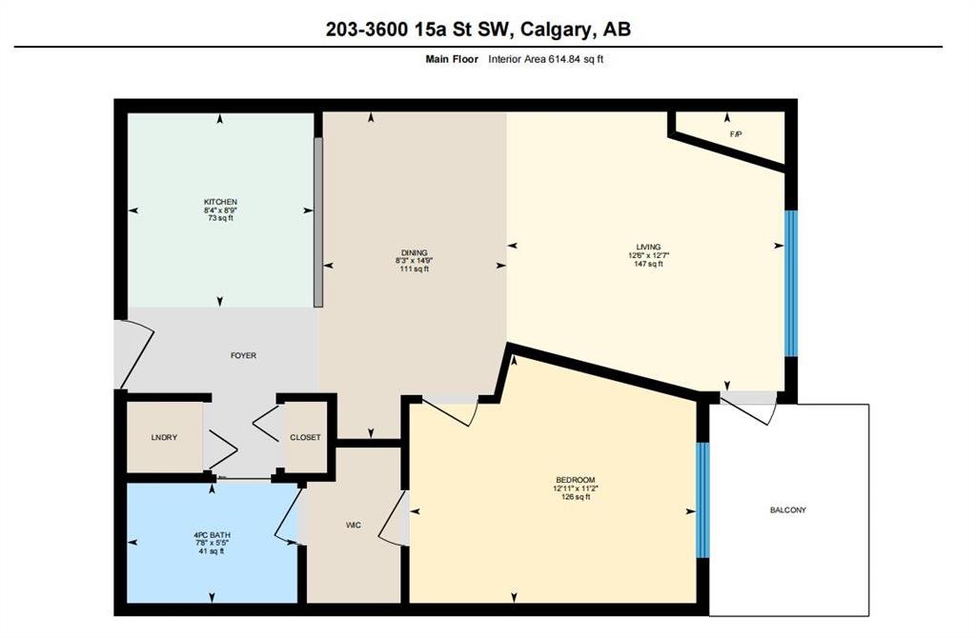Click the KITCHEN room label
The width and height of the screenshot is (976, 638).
(x=220, y=202)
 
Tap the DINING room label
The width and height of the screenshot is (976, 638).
(x=414, y=252)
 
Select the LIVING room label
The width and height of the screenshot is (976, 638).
(x=648, y=247)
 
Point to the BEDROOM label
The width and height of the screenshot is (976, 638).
(x=575, y=480)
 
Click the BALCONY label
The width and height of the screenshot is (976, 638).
(x=788, y=509)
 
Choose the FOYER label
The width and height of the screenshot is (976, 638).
(x=243, y=356)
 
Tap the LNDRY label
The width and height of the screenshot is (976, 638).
(x=164, y=438)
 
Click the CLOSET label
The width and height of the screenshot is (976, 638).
(x=305, y=438)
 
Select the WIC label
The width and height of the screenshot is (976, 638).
(x=354, y=526)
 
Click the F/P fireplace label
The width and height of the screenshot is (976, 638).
(x=736, y=134)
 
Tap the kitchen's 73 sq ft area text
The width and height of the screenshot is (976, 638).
(x=220, y=218)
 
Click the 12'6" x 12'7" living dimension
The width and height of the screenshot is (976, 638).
(x=648, y=255)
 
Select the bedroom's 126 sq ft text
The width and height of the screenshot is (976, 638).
(x=575, y=497)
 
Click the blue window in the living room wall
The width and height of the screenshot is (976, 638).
(x=790, y=283)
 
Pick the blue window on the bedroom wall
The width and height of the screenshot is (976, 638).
(x=702, y=500)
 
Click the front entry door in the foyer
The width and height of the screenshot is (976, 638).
(x=132, y=353)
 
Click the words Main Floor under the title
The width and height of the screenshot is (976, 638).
(x=452, y=59)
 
